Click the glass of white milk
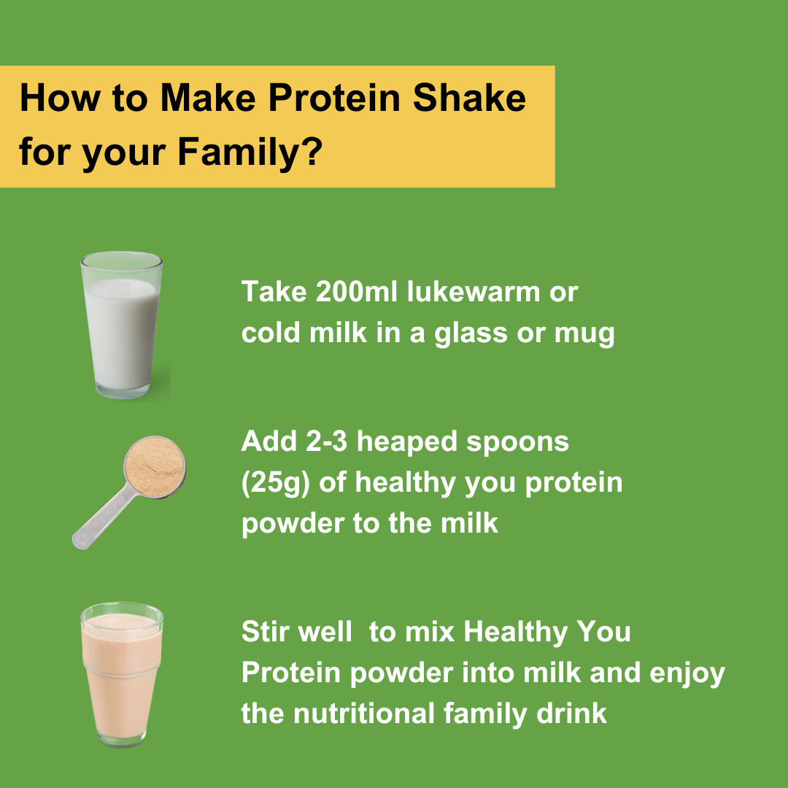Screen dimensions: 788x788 121,325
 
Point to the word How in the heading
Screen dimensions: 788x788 50,98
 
